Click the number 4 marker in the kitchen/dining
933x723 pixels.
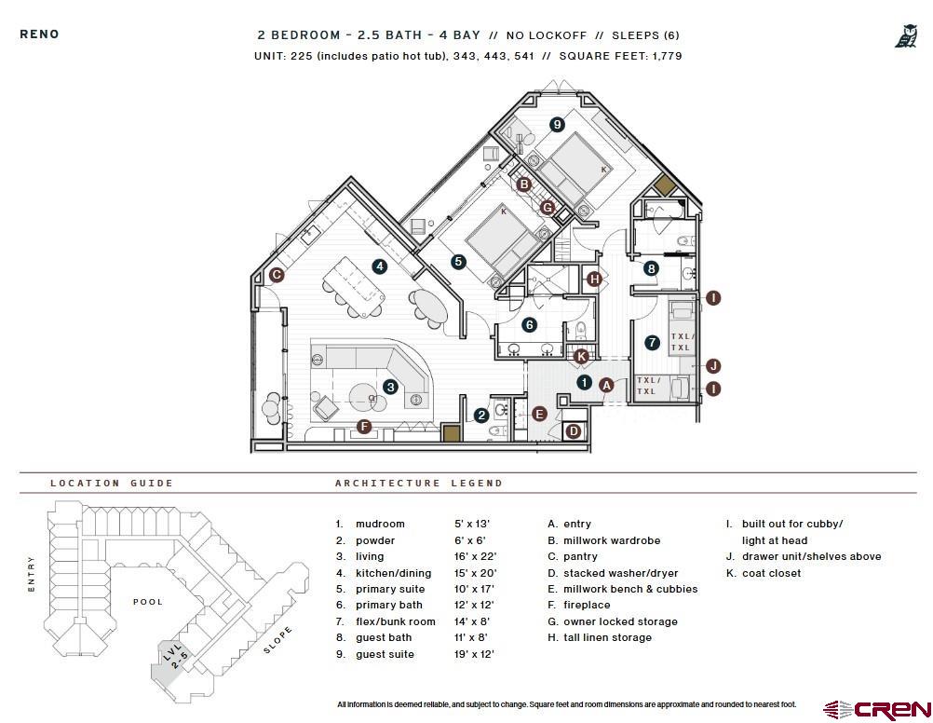(380, 266)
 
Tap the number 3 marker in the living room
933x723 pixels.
(391, 387)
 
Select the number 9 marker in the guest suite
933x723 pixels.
(557, 124)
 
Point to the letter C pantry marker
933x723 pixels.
(277, 275)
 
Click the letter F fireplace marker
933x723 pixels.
(364, 427)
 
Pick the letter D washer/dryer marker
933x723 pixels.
(574, 430)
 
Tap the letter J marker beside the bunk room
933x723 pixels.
(714, 365)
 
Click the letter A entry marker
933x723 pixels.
(606, 384)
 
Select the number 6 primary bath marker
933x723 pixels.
(529, 325)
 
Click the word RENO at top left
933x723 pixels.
(39, 34)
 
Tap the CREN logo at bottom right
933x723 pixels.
(875, 710)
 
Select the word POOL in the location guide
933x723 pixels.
(148, 602)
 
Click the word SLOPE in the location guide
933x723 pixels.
(277, 640)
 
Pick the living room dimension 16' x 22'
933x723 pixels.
(473, 556)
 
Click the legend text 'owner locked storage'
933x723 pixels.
(620, 621)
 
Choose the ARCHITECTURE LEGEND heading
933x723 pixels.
(419, 484)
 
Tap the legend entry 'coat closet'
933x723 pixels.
(771, 573)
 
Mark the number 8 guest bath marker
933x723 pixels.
(652, 268)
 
